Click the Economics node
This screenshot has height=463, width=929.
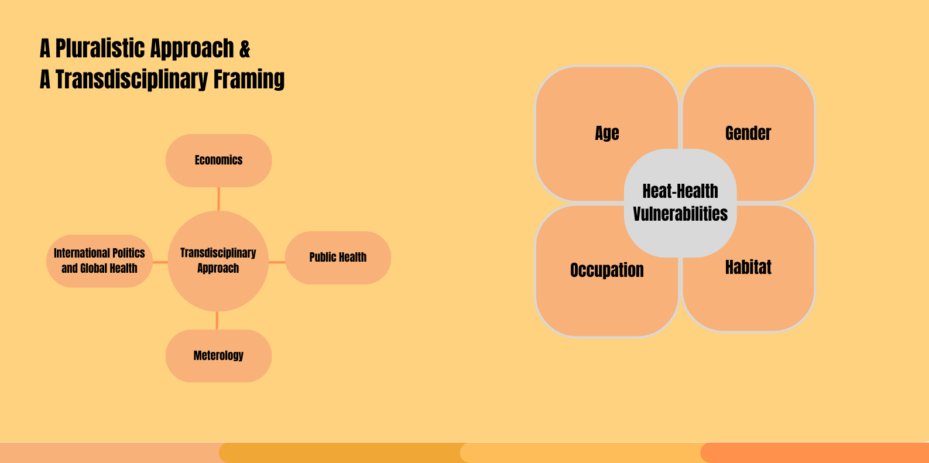click(x=218, y=160)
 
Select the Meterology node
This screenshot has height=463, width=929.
click(x=218, y=355)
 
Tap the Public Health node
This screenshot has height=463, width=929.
click(x=338, y=258)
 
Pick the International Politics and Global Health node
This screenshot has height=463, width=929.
click(x=100, y=261)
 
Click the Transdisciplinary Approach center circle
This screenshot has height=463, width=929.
click(x=218, y=261)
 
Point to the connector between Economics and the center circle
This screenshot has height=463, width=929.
click(x=218, y=199)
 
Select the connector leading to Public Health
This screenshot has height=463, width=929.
click(x=277, y=262)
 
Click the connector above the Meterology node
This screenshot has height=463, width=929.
click(x=217, y=320)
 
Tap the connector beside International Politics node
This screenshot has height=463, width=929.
click(x=160, y=262)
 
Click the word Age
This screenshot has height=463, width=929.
click(x=607, y=133)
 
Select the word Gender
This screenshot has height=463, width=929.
click(x=748, y=133)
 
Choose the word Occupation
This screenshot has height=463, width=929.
click(x=607, y=270)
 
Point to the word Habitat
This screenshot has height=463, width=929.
click(x=748, y=267)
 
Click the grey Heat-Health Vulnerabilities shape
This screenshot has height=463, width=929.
click(x=680, y=203)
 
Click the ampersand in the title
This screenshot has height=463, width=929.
click(x=245, y=49)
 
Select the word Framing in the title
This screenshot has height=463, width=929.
click(x=249, y=80)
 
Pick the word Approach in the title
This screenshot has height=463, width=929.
click(x=192, y=49)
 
